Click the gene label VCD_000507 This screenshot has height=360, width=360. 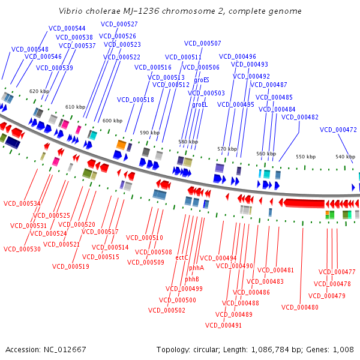tap(203, 43)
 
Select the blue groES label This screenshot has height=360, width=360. tap(202, 80)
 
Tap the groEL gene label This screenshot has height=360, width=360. tap(200, 104)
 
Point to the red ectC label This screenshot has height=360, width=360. tap(182, 257)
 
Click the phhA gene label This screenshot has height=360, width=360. tap(196, 268)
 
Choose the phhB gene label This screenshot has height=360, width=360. tap(192, 279)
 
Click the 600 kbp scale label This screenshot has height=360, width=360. tap(113, 121)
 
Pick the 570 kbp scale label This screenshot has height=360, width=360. tap(227, 149)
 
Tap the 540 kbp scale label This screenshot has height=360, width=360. tap(346, 157)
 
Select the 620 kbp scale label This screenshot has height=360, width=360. tap(39, 91)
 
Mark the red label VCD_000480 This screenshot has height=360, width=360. tap(300, 307)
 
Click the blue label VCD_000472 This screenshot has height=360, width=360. tap(338, 130)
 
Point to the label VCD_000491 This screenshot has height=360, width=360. tap(223, 325)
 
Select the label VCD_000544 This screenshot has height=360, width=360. tap(67, 28)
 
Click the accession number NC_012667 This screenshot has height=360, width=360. tap(65, 350)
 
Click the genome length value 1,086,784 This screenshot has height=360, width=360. tap(270, 350)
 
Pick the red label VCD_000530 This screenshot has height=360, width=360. tap(22, 249)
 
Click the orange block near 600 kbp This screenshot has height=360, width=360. tap(121, 145)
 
